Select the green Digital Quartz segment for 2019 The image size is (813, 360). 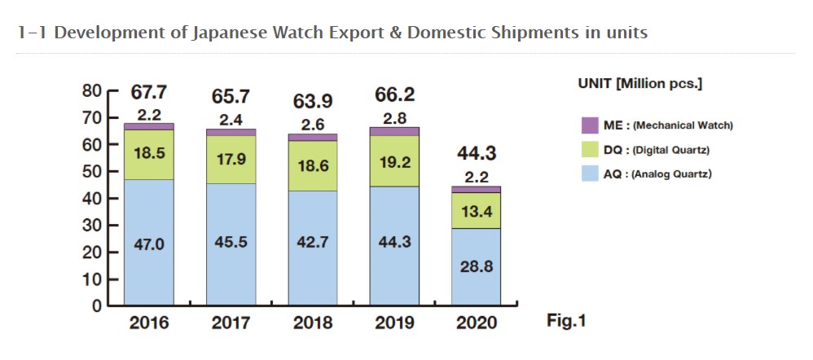point(395,161)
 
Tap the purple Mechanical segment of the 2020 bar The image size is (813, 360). point(477,189)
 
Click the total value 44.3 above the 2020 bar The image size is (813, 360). point(477,153)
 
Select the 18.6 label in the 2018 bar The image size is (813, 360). point(313,165)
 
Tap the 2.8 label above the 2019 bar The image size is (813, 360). point(395,117)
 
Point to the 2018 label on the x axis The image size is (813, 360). point(313,323)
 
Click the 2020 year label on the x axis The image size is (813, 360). point(477,323)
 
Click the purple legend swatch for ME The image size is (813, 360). point(590,125)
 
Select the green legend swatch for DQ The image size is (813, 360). point(590,150)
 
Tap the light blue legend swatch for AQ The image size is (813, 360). point(590,173)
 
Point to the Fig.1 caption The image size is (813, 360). point(566,321)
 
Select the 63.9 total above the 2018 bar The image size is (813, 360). point(313,102)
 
